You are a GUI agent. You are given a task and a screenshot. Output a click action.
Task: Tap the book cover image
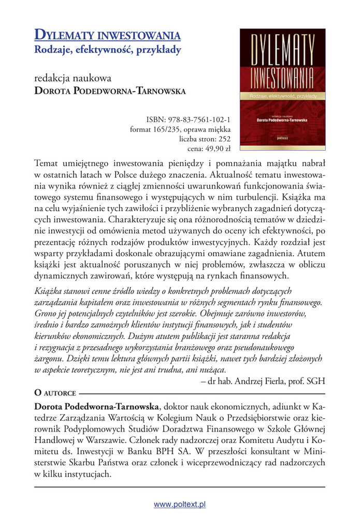pyautogui.click(x=282, y=88)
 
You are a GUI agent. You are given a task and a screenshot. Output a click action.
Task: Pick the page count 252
pyautogui.click(x=224, y=139)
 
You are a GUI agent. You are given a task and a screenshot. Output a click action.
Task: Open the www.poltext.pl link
pyautogui.click(x=180, y=504)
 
